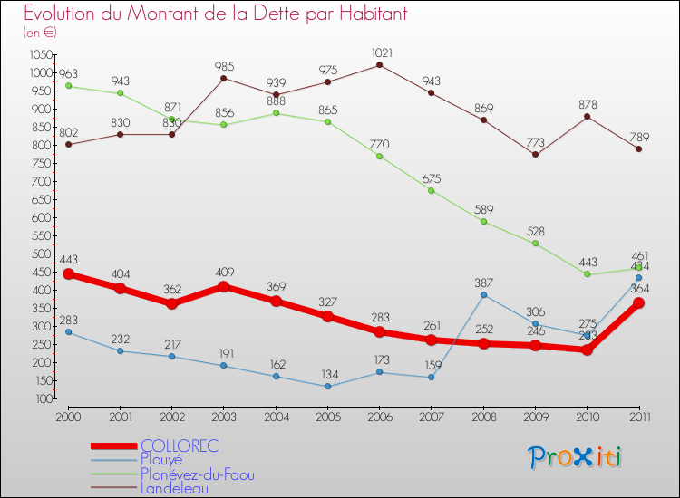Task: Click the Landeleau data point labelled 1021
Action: [x=380, y=64]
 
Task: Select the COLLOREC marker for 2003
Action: [x=224, y=287]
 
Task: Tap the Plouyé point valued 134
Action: [x=327, y=387]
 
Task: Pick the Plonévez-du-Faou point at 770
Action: [x=380, y=156]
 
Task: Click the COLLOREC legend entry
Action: [x=180, y=445]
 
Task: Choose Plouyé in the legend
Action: [x=161, y=459]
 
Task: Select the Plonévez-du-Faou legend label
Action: [x=198, y=474]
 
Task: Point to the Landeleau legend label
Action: [x=174, y=488]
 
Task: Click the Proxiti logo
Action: [x=576, y=457]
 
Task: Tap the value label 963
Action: [x=69, y=72]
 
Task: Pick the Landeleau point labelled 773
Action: [x=535, y=154]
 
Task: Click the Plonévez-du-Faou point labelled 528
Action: [x=535, y=243]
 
